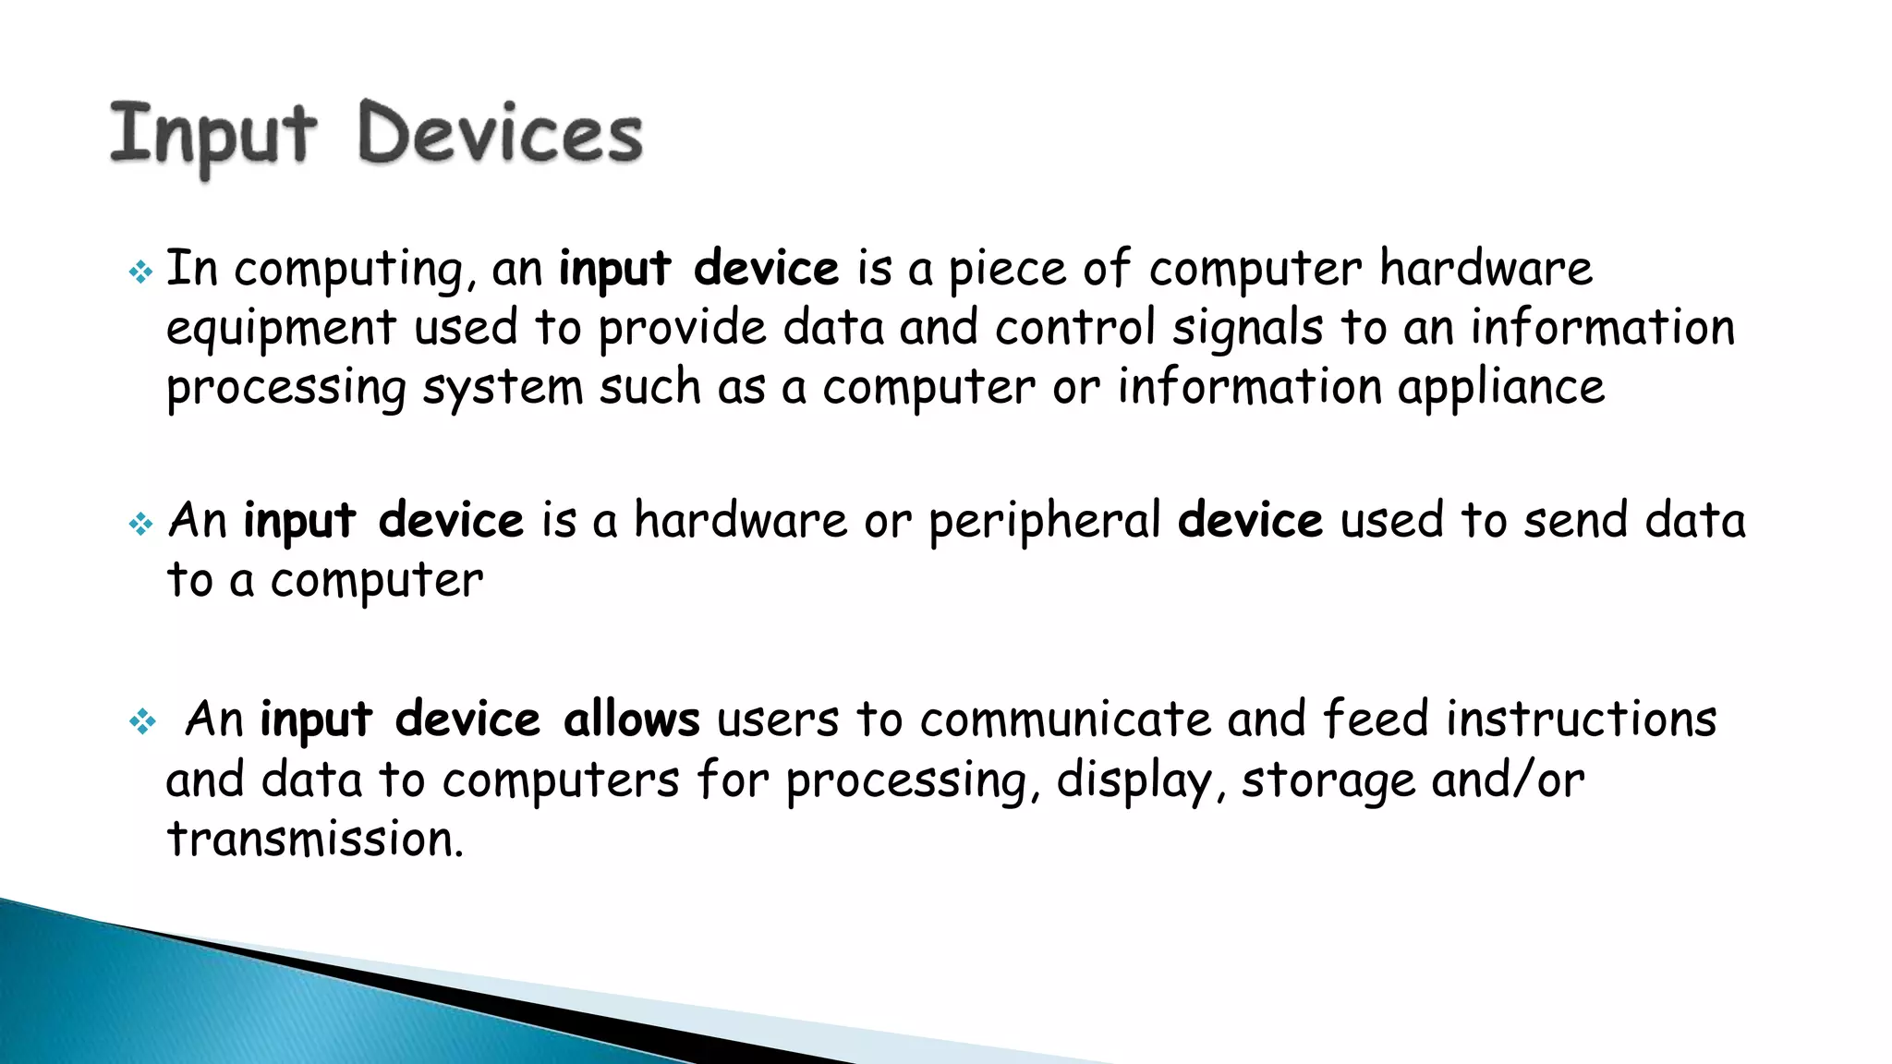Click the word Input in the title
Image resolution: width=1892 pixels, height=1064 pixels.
coord(213,136)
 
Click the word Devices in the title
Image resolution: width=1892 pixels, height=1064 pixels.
coord(500,134)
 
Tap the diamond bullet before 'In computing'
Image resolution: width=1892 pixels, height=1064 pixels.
coord(140,272)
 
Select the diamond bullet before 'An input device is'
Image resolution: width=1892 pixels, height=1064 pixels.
coord(140,525)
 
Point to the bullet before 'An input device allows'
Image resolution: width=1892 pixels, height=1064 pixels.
coord(142,721)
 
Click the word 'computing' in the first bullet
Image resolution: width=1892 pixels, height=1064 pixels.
coord(354,271)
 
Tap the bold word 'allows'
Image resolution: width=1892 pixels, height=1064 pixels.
coord(631,719)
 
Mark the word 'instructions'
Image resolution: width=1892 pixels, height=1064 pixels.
coord(1581,719)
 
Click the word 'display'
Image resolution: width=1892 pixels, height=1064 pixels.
coord(1134,781)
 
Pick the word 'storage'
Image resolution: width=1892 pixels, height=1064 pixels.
coord(1328,781)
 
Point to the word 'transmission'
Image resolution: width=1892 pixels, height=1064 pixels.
coord(314,840)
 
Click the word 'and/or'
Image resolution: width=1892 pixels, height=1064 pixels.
coord(1508,780)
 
